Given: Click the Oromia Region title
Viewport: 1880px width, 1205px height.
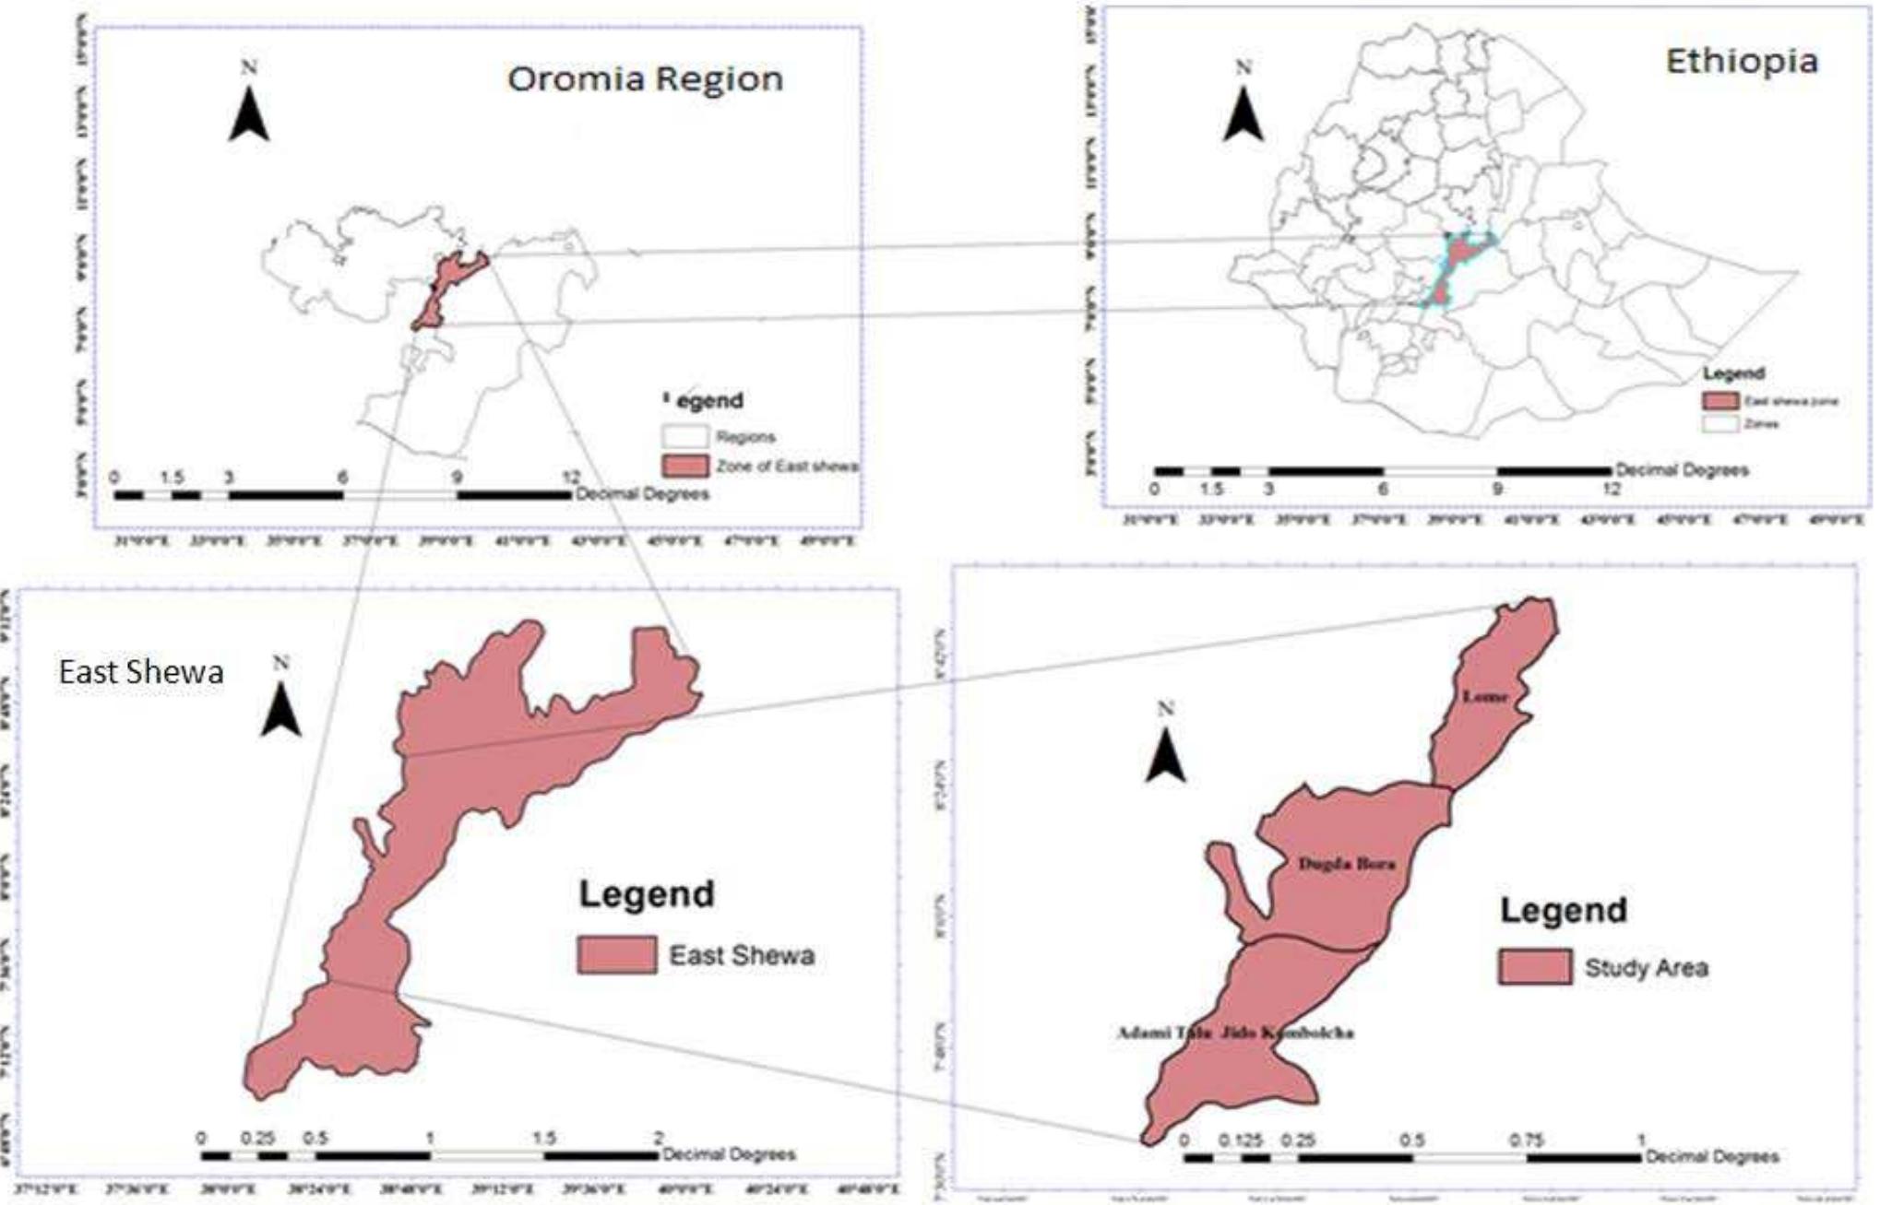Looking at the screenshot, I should pos(645,78).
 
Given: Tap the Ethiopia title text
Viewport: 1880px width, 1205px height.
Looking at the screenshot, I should pos(1742,62).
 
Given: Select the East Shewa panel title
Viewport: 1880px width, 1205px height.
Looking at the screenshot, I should pos(141,671).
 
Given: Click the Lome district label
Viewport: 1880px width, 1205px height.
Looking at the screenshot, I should pos(1485,696).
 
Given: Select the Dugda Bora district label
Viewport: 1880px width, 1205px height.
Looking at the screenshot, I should pos(1346,864).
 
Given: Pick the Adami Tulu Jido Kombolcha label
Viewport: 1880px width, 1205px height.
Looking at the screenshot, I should pos(1235,1033).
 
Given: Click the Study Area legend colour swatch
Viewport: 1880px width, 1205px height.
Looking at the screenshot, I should pos(1534,967).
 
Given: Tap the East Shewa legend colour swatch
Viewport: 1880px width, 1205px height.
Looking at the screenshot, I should pos(616,955).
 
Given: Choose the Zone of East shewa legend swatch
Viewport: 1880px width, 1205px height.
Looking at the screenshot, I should pos(684,466).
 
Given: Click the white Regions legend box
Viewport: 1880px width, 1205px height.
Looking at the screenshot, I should pos(684,436).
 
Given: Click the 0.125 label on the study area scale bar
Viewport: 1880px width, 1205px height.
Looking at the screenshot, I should pos(1240,1140).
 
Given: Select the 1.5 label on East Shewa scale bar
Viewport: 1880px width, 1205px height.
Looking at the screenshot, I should pos(544,1139).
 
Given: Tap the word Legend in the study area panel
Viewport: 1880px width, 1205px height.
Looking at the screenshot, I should pos(1563,910).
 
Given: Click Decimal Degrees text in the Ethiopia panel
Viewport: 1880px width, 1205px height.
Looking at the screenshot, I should pos(1681,470).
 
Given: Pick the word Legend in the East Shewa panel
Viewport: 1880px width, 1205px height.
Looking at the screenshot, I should pos(646,893).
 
